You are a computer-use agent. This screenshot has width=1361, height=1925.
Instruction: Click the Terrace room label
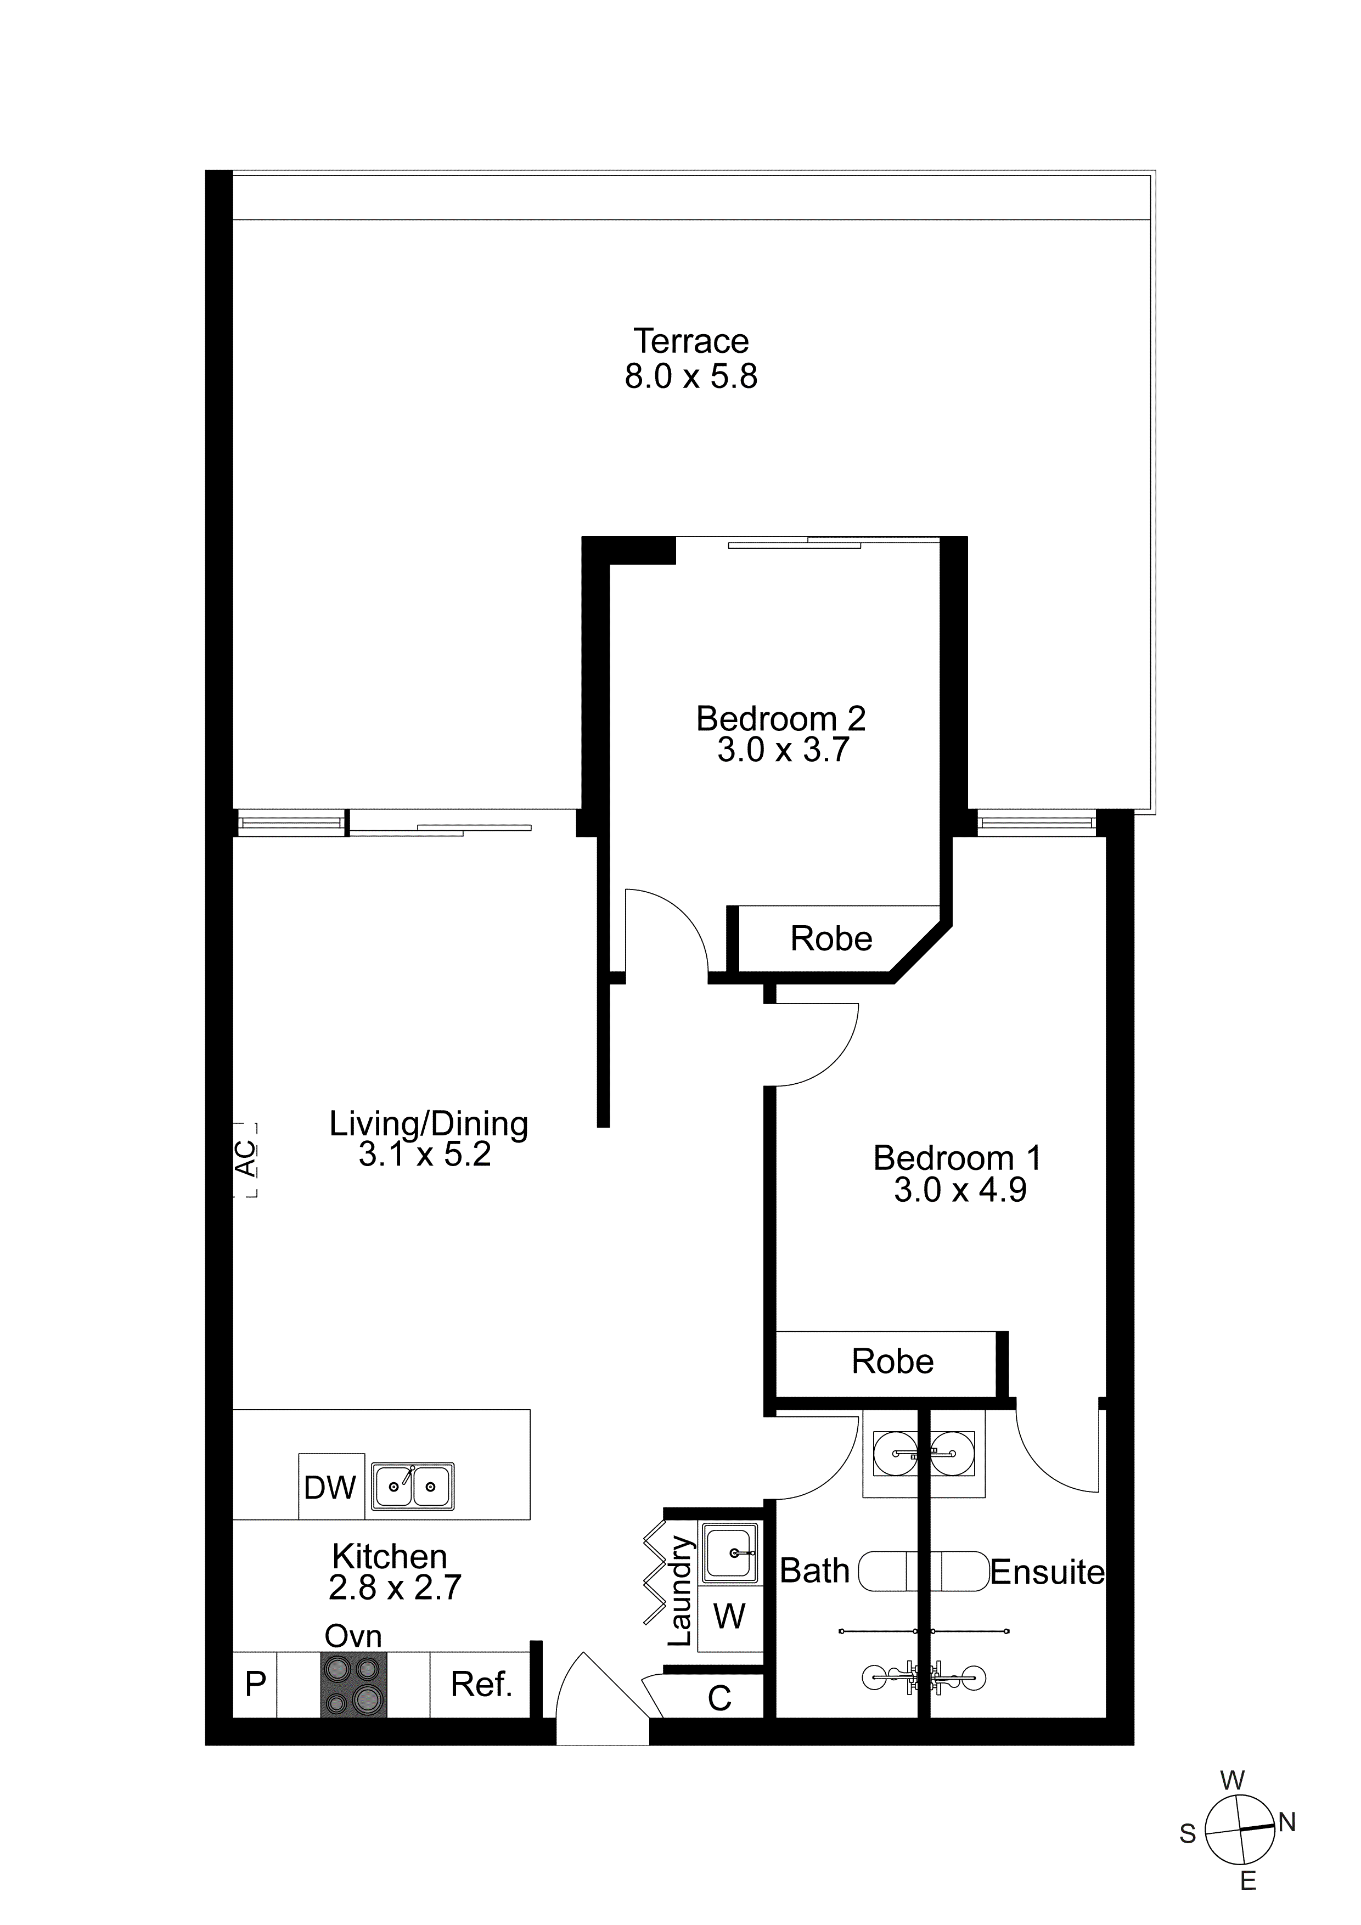(691, 341)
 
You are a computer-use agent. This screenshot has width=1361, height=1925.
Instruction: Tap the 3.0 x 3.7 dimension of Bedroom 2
(783, 750)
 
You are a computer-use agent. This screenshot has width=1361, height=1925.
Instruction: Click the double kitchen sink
(413, 1487)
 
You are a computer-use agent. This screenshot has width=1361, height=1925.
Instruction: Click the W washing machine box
(729, 1616)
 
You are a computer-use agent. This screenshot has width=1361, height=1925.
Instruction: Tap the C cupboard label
(719, 1698)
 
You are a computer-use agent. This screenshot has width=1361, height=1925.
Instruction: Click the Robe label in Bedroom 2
(831, 938)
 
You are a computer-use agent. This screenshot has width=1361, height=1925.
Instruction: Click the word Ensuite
(1048, 1572)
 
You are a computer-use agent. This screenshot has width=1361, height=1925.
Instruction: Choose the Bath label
(814, 1571)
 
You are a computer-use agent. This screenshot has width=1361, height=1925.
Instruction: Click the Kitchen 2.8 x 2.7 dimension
(395, 1588)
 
